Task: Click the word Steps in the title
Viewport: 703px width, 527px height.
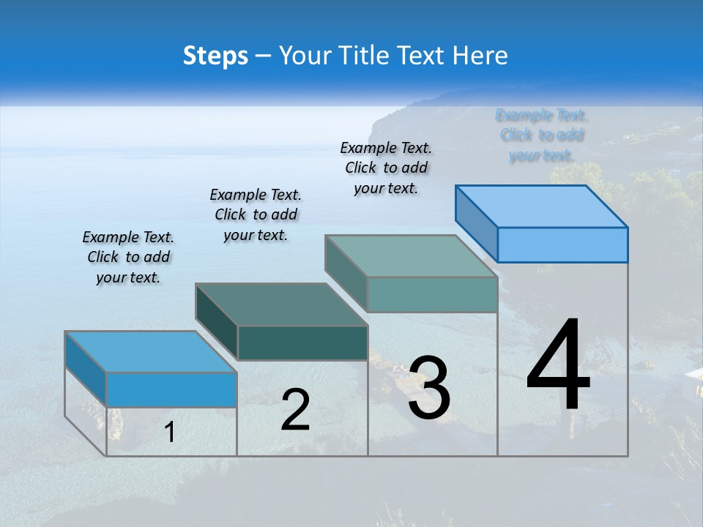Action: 215,56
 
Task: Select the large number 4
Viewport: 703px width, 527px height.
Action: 558,366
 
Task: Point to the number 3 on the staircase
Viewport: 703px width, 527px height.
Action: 428,389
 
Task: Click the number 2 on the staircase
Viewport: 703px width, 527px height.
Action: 295,410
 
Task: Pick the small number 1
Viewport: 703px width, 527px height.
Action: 170,433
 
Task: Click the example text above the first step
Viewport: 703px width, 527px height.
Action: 128,257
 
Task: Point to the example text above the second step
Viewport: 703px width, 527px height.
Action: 256,214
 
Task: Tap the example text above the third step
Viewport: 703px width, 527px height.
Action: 386,168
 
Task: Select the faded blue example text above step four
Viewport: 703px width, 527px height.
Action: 542,135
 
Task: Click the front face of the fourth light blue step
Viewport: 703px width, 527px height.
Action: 562,244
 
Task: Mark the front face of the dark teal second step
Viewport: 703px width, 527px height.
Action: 302,343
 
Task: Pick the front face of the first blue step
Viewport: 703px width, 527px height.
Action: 171,389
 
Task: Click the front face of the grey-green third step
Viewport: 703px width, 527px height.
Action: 432,294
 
